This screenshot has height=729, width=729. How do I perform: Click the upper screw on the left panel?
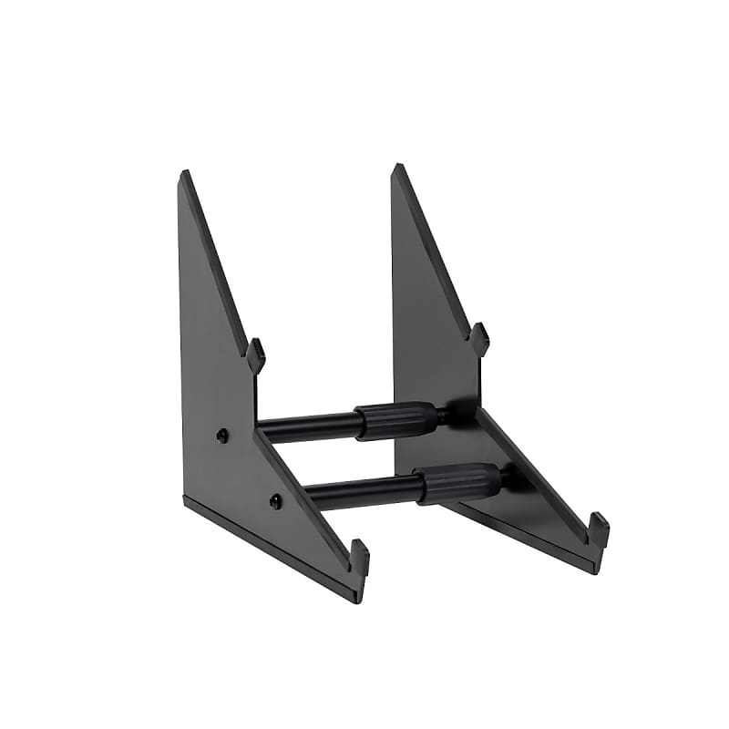(222, 435)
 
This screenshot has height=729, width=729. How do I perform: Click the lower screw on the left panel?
(275, 500)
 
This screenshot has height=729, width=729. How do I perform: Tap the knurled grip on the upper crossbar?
(395, 420)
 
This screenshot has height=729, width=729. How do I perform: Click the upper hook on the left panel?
(256, 354)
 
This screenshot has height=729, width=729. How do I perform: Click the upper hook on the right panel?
(479, 338)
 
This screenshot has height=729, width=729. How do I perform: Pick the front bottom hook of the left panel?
(359, 558)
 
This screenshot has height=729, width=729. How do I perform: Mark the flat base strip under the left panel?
(273, 547)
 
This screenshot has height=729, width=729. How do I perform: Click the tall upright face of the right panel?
(428, 319)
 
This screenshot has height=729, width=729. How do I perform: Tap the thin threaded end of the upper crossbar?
(443, 415)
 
